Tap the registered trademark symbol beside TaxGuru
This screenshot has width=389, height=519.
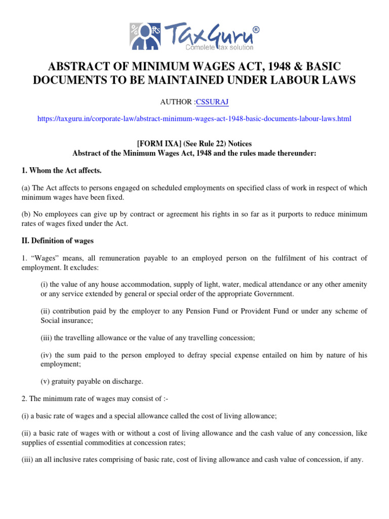[256, 30]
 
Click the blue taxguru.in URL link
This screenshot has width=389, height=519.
[194, 119]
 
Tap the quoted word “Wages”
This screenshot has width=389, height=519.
[43, 258]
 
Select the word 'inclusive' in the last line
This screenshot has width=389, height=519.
[63, 460]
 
